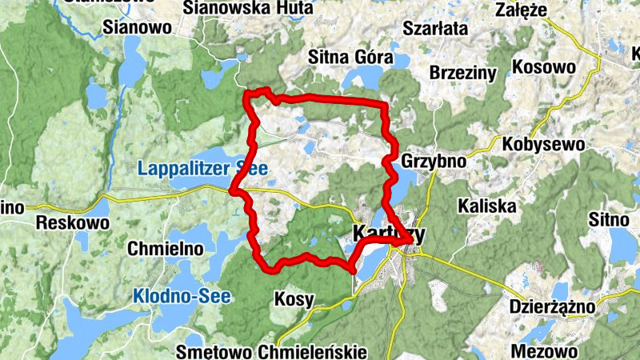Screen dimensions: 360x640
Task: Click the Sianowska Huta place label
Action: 236,8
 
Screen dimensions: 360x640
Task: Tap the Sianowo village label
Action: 138,28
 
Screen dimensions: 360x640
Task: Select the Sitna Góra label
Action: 350,58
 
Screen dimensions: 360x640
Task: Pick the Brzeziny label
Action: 463,72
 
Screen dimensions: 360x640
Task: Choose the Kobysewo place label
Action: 544,145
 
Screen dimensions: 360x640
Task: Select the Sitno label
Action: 610,217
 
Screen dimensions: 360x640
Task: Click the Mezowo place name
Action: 543,351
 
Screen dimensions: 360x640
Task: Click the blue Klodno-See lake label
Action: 182,296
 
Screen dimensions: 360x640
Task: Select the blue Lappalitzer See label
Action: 202,168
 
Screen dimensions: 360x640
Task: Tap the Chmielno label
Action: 166,249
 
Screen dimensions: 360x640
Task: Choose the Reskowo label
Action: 72,222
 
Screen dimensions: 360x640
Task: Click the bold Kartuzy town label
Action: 389,234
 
